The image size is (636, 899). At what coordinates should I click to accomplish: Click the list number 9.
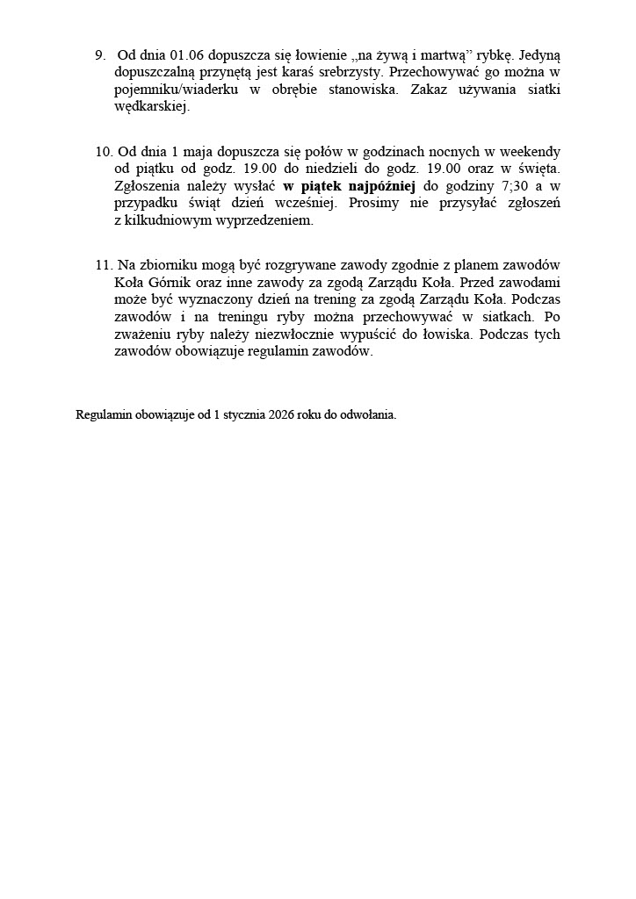[99, 54]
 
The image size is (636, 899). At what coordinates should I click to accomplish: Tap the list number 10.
[102, 151]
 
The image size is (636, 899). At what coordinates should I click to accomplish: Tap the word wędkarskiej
[152, 107]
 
